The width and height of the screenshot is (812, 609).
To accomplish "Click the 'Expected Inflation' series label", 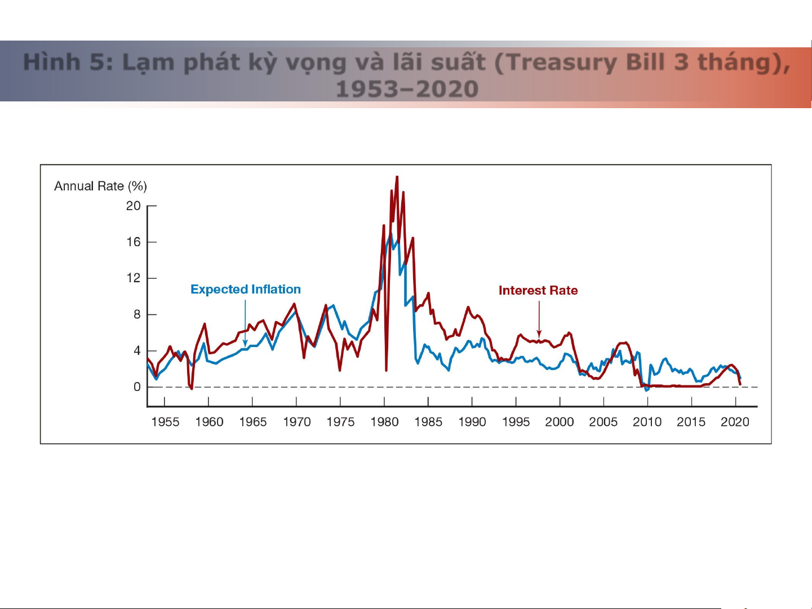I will pyautogui.click(x=246, y=290).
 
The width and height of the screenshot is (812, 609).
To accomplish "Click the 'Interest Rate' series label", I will pyautogui.click(x=538, y=291).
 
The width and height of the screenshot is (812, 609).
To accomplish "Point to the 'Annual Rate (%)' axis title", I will pyautogui.click(x=100, y=186).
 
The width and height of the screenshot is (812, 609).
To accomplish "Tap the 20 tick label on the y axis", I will pyautogui.click(x=134, y=206).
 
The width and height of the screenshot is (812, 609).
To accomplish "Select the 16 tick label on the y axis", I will pyautogui.click(x=134, y=242).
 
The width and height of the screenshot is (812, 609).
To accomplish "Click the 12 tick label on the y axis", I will pyautogui.click(x=134, y=278).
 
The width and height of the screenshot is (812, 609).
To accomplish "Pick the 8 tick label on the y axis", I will pyautogui.click(x=137, y=314).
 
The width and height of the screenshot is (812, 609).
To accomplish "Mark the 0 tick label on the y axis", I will pyautogui.click(x=137, y=387).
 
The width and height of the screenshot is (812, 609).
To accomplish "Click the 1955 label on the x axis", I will pyautogui.click(x=165, y=422).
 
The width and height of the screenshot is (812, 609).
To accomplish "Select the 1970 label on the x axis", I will pyautogui.click(x=297, y=422).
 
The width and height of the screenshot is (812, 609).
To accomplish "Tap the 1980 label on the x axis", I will pyautogui.click(x=384, y=422).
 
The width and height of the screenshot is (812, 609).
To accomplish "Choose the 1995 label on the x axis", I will pyautogui.click(x=516, y=422).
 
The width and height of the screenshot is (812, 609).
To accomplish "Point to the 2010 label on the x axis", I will pyautogui.click(x=647, y=422).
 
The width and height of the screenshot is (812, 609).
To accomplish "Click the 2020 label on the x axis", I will pyautogui.click(x=735, y=422).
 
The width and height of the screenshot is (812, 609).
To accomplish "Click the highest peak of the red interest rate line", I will pyautogui.click(x=397, y=177).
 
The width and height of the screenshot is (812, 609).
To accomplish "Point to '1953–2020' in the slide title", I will pyautogui.click(x=407, y=89).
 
